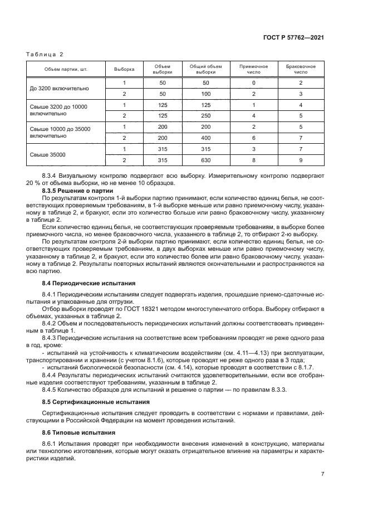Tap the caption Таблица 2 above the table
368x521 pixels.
45,54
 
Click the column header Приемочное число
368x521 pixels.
253,70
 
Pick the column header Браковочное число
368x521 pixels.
301,70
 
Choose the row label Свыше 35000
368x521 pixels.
47,154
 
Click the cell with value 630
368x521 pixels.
206,160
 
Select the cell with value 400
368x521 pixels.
206,138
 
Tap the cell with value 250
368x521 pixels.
206,115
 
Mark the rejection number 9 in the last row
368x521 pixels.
301,160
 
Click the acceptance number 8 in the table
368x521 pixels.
253,160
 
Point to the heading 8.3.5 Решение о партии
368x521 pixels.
77,191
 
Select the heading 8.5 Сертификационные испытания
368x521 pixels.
89,401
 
